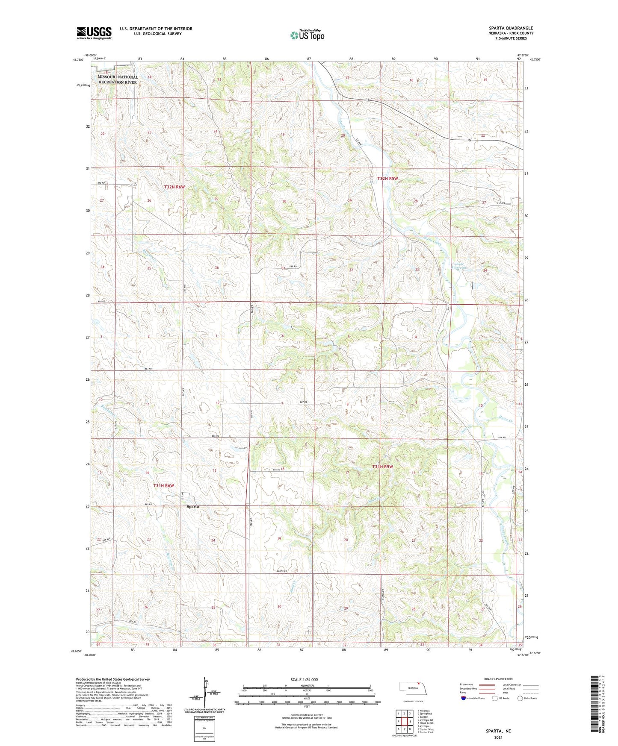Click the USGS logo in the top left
(x=94, y=33)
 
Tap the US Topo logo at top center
(x=307, y=35)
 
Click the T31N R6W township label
(x=164, y=486)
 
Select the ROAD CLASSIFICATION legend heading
(x=498, y=679)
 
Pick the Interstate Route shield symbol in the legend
(x=464, y=698)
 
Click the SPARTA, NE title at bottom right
(x=498, y=731)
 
